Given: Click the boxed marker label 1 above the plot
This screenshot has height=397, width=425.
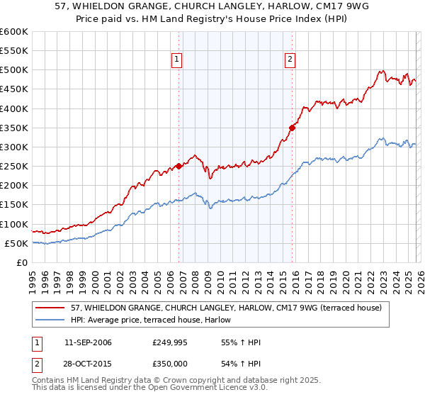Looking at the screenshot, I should point(176,60).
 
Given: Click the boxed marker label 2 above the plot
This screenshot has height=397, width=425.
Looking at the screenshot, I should point(291,60).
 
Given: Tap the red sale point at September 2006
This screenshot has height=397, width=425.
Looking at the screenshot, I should point(178,166).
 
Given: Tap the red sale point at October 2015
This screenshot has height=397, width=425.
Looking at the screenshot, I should point(292,128).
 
